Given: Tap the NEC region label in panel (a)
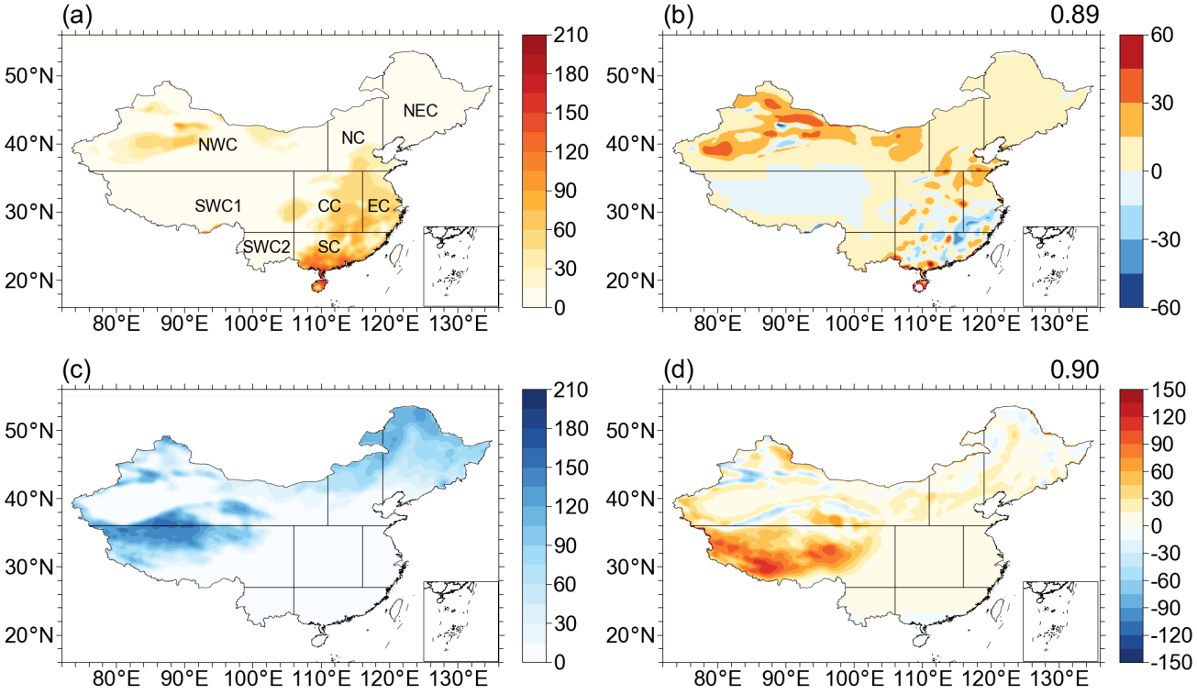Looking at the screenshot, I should [x=420, y=111].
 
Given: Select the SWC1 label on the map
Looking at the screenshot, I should [x=217, y=205].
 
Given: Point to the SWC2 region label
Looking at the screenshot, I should [x=266, y=248].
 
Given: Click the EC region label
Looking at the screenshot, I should [x=378, y=205].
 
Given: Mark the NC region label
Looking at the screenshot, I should [x=353, y=138].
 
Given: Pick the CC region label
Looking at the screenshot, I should [x=329, y=205].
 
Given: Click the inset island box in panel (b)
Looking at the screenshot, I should [x=1059, y=266].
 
